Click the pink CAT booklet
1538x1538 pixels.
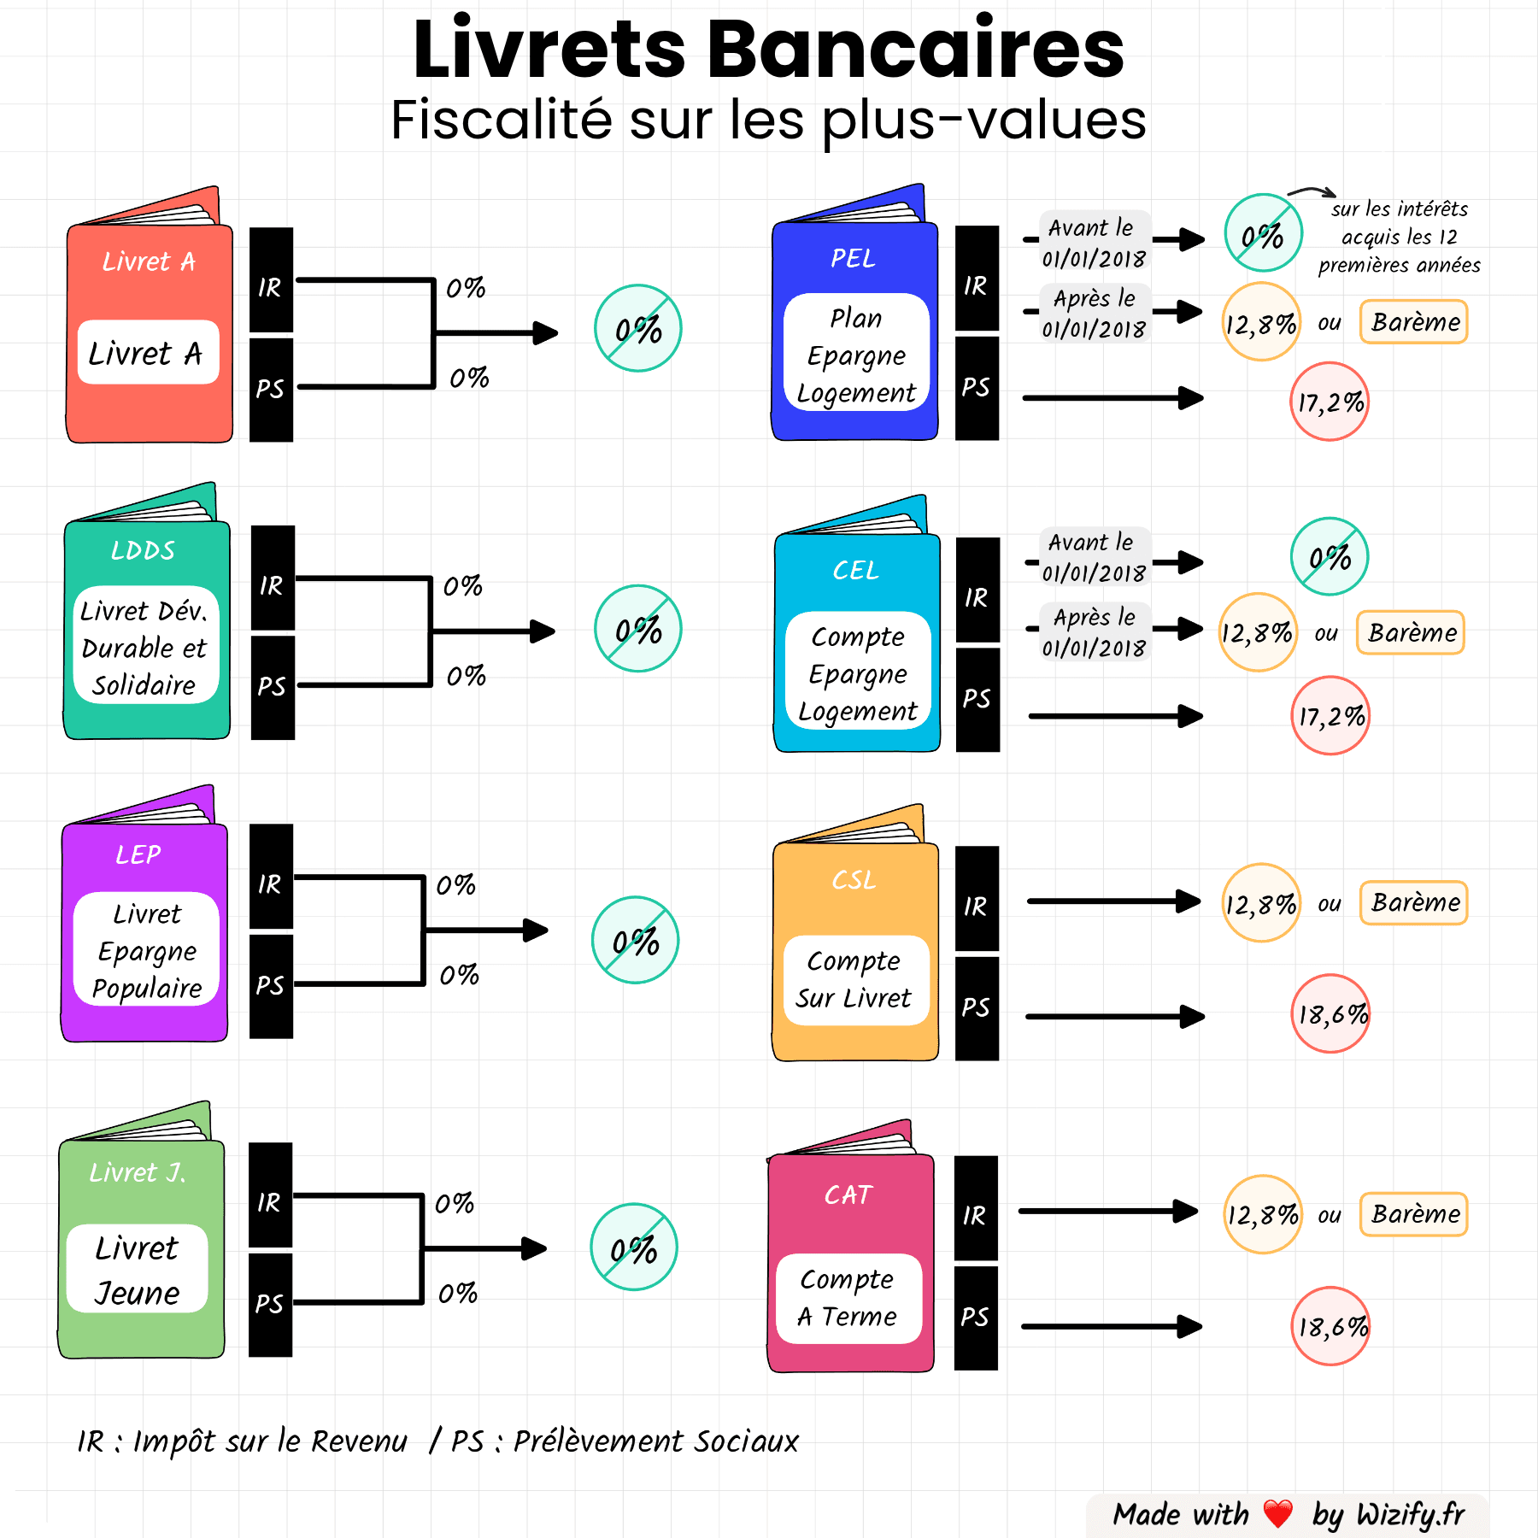(851, 1256)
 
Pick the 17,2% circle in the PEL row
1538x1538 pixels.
(1330, 402)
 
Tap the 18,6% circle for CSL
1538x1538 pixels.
(1330, 1014)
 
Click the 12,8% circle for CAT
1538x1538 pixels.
(1262, 1214)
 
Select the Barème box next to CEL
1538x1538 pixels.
(1411, 633)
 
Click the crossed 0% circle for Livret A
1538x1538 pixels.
(638, 329)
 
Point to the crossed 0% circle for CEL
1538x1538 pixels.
(1330, 557)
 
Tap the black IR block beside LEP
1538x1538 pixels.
(271, 878)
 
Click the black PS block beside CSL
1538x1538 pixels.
(977, 1008)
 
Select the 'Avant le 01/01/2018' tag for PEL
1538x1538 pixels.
(1095, 242)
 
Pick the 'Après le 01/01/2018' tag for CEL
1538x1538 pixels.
(1095, 632)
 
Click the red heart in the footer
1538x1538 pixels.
(1278, 1514)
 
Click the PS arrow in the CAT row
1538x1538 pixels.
(1111, 1327)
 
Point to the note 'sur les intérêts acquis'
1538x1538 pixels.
(1399, 237)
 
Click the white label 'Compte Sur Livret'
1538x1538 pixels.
(855, 979)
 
